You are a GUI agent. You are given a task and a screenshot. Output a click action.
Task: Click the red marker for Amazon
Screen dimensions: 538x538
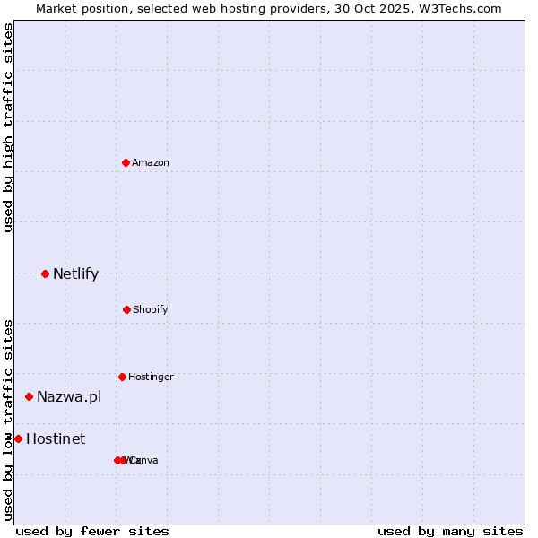click(126, 162)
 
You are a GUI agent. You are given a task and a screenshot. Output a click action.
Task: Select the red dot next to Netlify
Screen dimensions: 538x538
click(45, 273)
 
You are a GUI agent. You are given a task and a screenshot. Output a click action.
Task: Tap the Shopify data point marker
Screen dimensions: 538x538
click(126, 309)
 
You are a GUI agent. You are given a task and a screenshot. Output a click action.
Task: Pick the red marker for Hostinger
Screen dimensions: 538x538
click(122, 377)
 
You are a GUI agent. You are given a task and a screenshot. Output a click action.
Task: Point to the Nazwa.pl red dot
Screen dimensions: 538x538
click(29, 396)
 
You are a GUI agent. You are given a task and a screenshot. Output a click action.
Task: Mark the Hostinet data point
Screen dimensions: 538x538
click(18, 438)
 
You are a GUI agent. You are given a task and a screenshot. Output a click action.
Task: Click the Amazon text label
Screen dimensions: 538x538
click(151, 162)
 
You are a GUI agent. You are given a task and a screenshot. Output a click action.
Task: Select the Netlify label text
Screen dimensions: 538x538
click(75, 273)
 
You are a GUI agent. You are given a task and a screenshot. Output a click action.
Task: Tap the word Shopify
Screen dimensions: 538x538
click(151, 309)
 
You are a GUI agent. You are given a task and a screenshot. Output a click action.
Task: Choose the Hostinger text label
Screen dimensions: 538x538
click(151, 377)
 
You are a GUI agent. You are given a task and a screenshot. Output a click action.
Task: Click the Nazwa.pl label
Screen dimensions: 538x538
click(69, 396)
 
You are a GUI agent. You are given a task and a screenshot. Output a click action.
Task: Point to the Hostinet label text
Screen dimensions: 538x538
click(56, 438)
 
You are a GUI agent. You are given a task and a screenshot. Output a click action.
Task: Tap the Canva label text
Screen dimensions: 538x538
click(145, 460)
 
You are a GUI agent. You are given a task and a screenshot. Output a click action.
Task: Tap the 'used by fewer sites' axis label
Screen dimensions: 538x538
click(92, 531)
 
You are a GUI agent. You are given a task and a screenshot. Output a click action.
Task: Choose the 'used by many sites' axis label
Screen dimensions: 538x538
click(450, 531)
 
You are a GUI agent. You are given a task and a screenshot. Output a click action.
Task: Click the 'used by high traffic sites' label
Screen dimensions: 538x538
click(8, 127)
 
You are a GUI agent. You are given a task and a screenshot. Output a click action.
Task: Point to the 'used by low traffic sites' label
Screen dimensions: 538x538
click(8, 420)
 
